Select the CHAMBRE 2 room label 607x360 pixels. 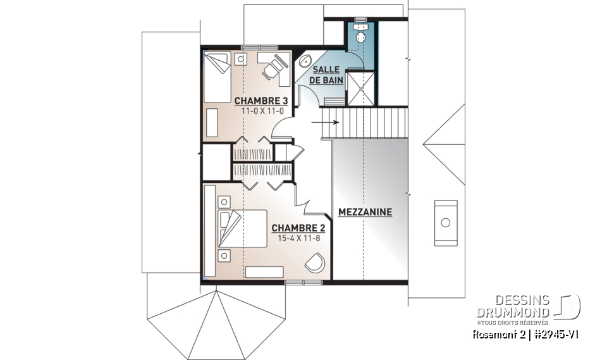298,228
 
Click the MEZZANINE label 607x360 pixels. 365,212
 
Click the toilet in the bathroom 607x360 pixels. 361,35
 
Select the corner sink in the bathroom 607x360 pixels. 305,62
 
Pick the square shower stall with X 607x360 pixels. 360,89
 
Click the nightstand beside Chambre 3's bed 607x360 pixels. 241,59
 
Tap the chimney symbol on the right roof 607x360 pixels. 445,223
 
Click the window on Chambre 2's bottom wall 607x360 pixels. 295,282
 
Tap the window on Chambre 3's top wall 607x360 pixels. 259,47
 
